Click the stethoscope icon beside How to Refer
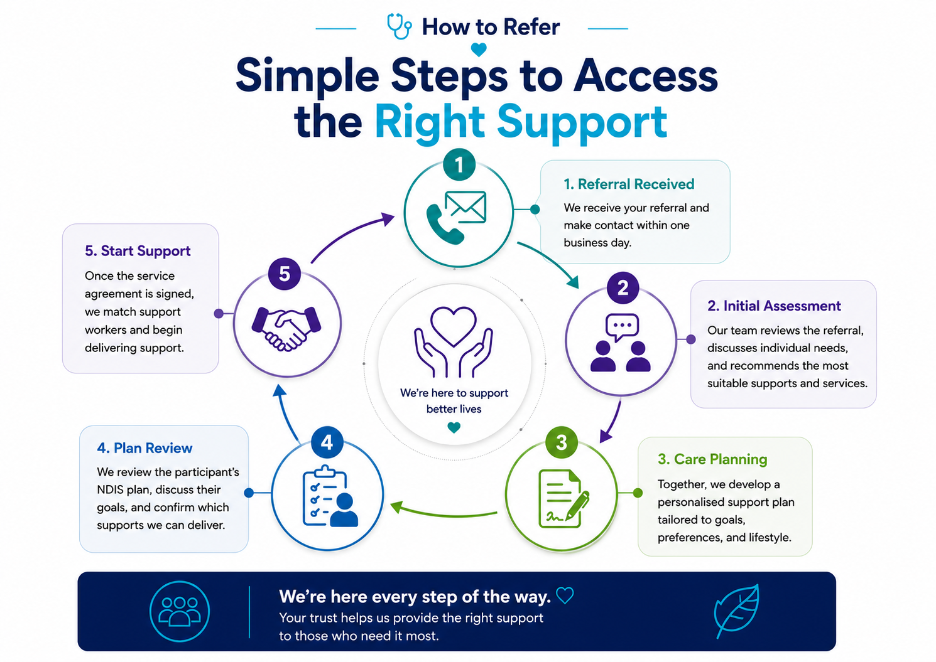point(399,26)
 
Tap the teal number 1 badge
point(459,164)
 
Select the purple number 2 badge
point(623,287)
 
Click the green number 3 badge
point(562,442)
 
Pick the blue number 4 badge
point(327,442)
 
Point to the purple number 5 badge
point(285,274)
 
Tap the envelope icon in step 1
point(465,206)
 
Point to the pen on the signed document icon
point(577,506)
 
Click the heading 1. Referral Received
point(629,184)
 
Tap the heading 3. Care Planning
point(712,459)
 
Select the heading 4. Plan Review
point(144,448)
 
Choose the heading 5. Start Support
point(138,251)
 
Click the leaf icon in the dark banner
point(737,611)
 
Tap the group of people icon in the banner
point(180,611)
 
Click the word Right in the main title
point(430,122)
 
